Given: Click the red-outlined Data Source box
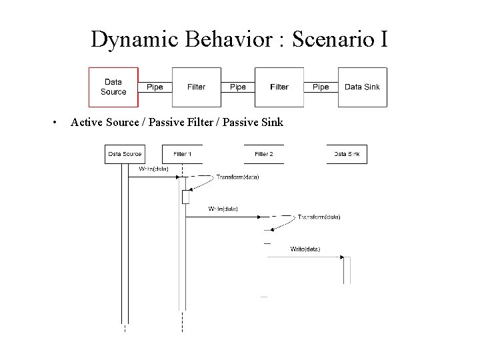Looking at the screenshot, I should pos(113,87).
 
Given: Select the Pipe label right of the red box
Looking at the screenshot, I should pos(155,87).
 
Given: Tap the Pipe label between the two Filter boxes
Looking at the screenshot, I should pos(237,87).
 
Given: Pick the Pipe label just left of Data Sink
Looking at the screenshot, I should pos(321,87).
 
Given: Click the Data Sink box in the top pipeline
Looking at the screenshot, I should pos(362,87).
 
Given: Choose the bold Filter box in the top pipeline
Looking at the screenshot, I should pos(279,87).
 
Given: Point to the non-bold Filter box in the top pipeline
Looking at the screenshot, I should pos(196,87).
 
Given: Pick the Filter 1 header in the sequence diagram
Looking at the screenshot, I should pos(182,154).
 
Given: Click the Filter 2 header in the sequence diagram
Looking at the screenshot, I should pos(264,154).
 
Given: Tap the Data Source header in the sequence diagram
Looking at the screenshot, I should pos(125,154).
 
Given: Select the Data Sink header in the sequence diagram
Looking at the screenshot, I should pos(347,154).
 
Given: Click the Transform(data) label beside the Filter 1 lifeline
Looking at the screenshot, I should pos(237,177).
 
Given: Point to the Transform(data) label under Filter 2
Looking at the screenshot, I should pos(319,217).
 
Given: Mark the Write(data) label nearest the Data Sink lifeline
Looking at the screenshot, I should pos(305,249).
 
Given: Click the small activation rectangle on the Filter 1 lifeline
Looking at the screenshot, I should pos(185,197).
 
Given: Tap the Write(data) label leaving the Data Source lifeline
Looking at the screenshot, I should pos(153,169).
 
